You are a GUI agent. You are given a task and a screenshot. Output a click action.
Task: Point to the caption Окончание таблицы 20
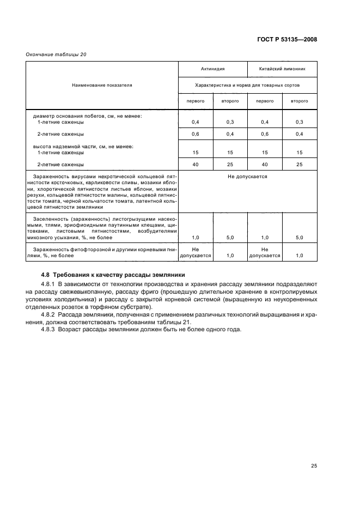56,54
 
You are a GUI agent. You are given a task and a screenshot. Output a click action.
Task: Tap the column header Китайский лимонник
282,70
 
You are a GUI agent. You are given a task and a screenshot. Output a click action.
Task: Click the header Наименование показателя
102,85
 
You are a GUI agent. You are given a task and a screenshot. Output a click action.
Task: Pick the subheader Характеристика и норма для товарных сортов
248,85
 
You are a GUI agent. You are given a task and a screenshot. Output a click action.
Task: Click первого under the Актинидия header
196,101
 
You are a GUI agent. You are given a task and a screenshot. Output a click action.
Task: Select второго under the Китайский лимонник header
300,101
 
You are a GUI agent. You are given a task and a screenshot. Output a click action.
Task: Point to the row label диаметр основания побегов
87,116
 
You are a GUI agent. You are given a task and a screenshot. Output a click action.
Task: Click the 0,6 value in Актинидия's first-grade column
196,133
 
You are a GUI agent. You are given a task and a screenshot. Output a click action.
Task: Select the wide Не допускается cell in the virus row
248,177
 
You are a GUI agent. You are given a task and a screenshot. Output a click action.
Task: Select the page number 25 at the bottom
314,450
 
